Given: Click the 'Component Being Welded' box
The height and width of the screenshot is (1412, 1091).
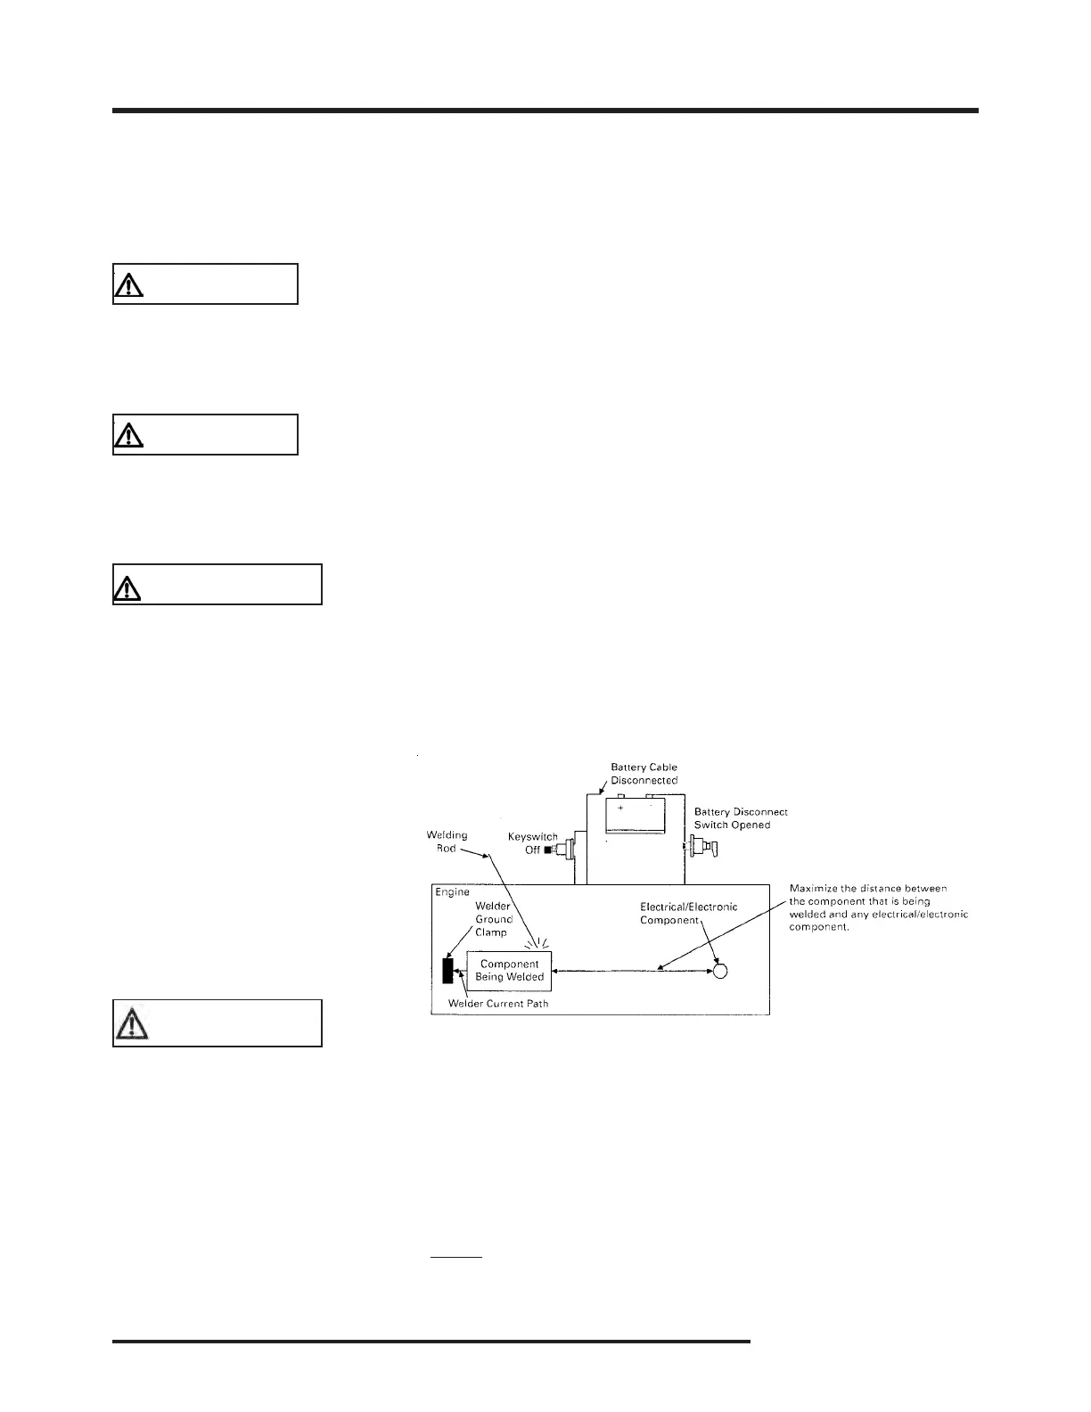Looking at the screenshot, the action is (510, 970).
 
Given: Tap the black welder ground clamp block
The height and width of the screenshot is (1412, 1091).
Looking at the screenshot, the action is (447, 971).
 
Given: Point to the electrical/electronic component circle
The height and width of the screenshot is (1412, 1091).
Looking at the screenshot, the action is (721, 971).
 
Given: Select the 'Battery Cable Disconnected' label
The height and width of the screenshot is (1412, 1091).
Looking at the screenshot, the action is (644, 773).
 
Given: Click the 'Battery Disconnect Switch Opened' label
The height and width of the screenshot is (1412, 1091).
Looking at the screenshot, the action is (741, 818).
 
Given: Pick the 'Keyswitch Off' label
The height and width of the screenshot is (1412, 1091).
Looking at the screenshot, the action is (532, 843).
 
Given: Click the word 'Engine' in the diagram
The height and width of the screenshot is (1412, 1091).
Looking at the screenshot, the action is (452, 892).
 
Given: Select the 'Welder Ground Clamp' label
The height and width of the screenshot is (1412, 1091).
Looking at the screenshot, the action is (493, 919).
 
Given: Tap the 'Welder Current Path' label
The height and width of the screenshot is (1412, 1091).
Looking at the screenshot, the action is (498, 1004).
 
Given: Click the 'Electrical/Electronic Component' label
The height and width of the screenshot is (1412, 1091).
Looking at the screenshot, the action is (688, 913).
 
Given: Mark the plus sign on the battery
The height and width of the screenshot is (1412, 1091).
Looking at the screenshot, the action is (620, 807).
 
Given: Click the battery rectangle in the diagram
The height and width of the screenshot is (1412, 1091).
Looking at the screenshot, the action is (635, 815).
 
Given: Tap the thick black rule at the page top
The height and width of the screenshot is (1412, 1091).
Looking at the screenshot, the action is (545, 111).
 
